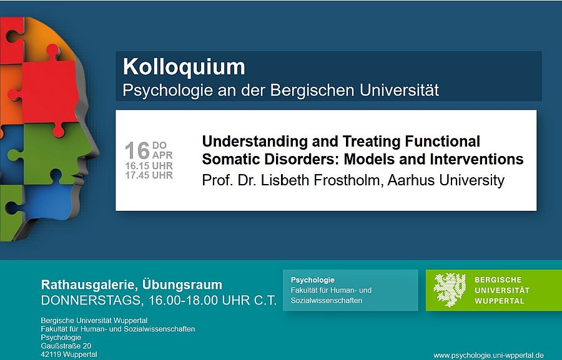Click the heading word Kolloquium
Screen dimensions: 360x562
[184, 67]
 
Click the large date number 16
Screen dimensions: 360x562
[137, 150]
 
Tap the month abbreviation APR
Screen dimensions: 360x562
[162, 155]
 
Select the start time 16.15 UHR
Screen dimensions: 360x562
[149, 166]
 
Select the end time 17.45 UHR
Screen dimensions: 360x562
[149, 175]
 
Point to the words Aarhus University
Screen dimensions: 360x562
[446, 180]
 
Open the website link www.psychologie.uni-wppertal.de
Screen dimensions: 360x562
[488, 355]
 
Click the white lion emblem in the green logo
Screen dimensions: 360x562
[450, 289]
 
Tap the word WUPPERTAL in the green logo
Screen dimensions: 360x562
[500, 301]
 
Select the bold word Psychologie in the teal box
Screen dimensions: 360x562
[313, 280]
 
